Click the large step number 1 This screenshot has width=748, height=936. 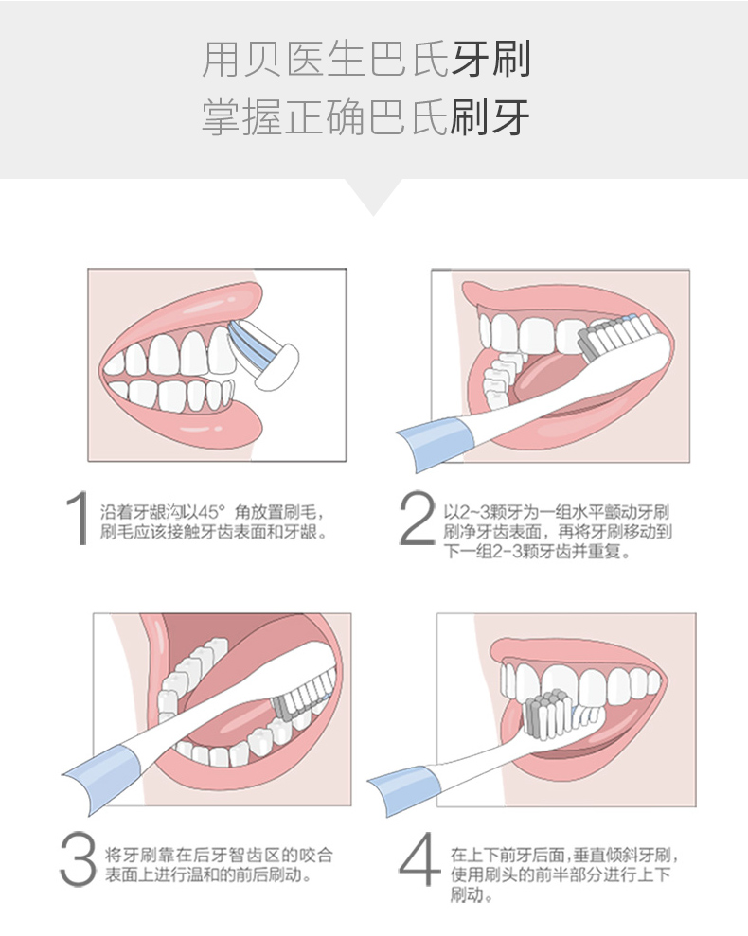pyautogui.click(x=79, y=519)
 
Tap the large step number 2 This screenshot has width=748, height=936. pyautogui.click(x=418, y=518)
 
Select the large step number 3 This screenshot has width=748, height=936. pyautogui.click(x=79, y=859)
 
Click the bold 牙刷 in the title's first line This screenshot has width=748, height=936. pyautogui.click(x=491, y=60)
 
